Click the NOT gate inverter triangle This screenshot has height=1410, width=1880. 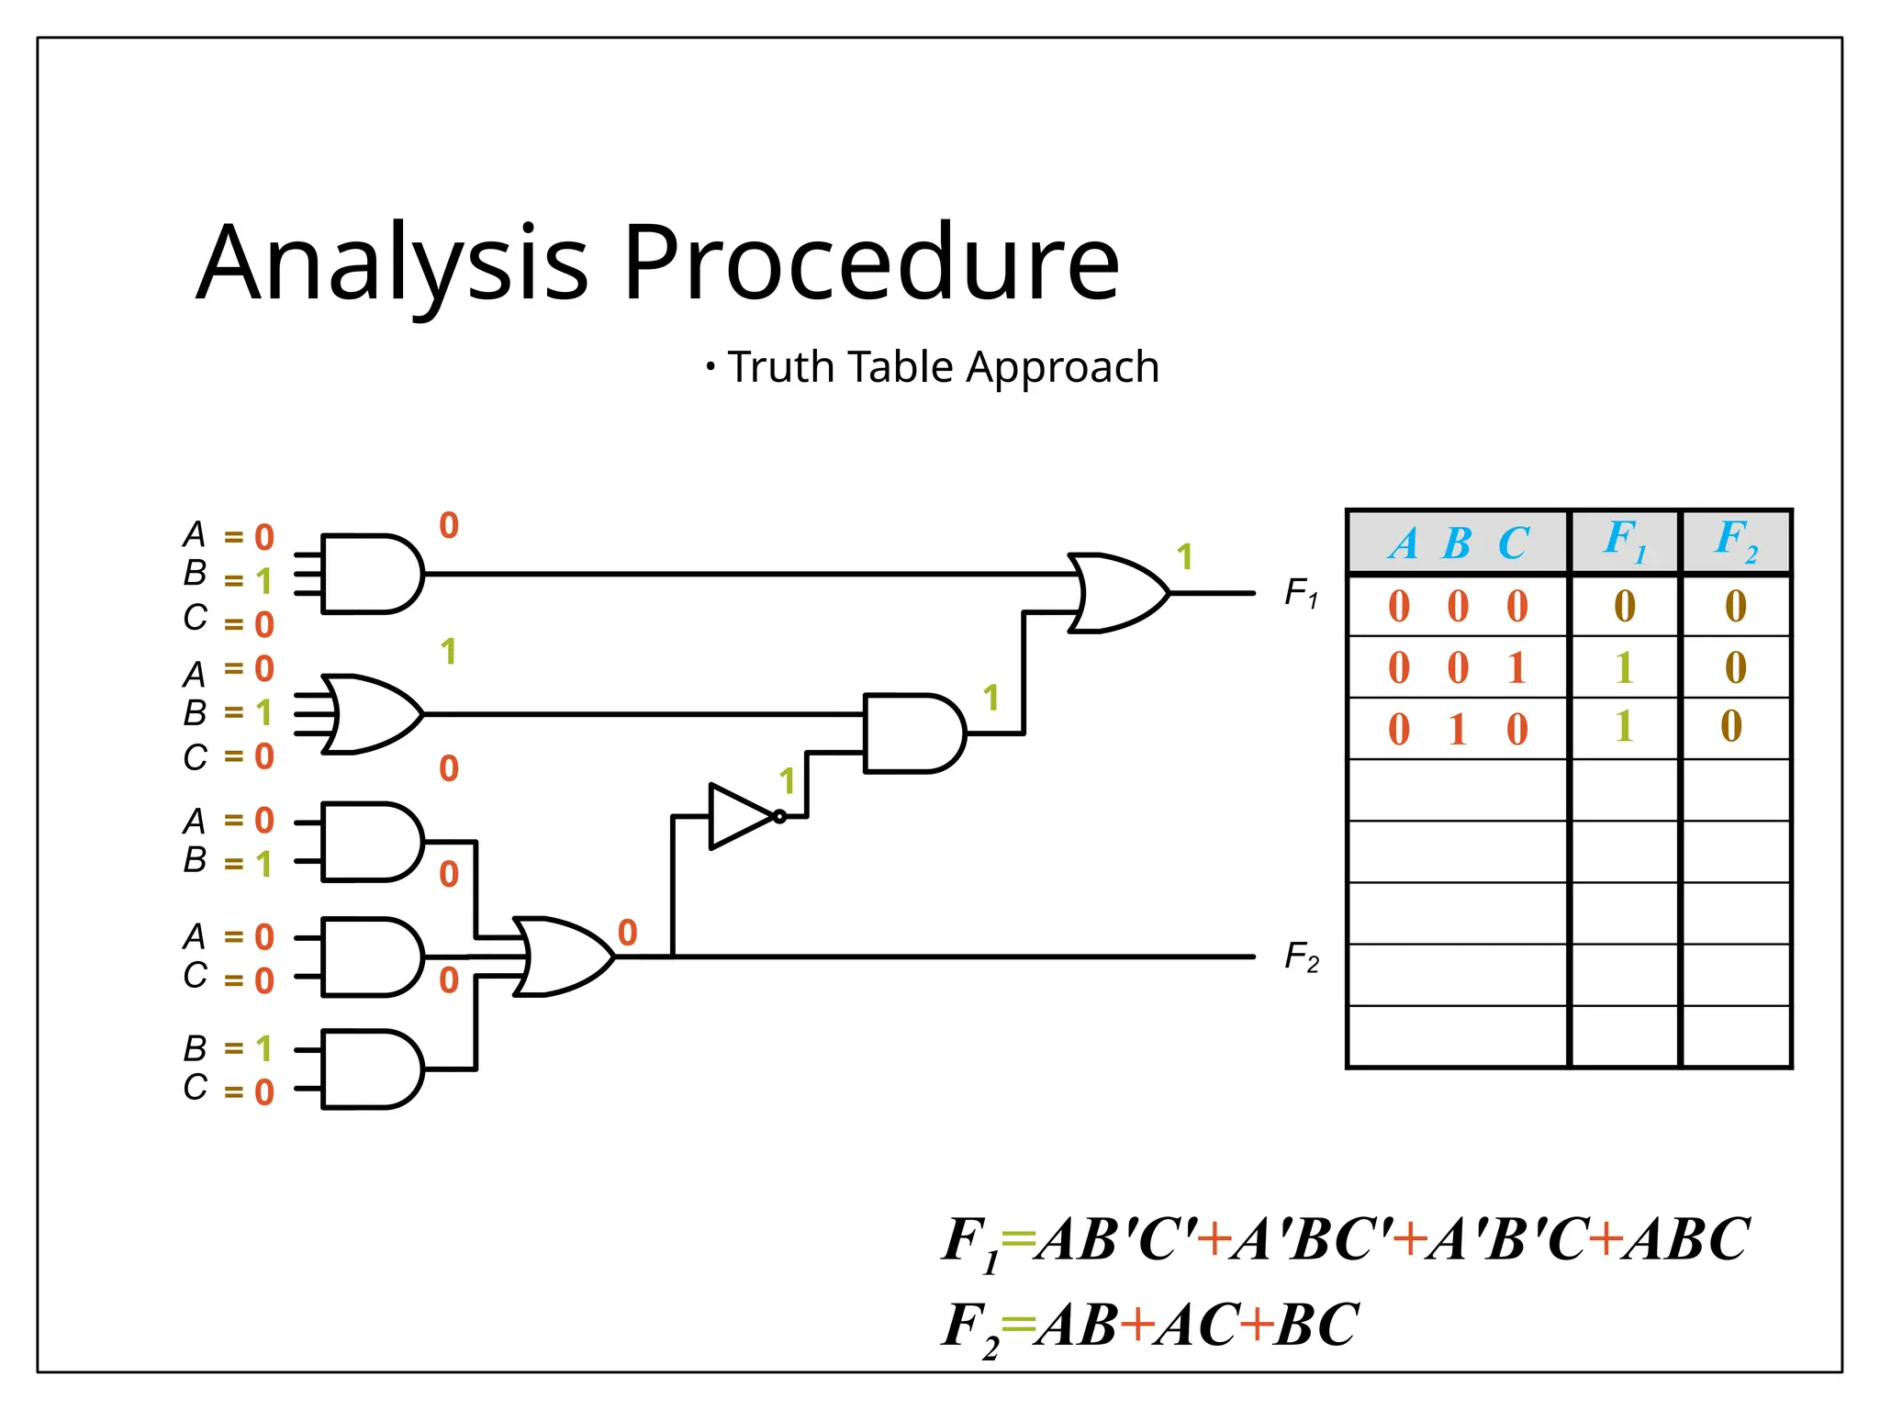[x=740, y=816]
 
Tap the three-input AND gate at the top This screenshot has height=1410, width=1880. [x=370, y=574]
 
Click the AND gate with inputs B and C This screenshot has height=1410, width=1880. [x=370, y=1069]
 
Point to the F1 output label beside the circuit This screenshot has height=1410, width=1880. [x=1301, y=593]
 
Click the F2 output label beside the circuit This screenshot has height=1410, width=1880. [x=1301, y=957]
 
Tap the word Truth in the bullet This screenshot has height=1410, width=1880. [x=781, y=367]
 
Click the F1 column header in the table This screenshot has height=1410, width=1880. [x=1624, y=541]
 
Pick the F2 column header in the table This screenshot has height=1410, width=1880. [x=1735, y=541]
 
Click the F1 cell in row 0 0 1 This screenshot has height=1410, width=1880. [x=1624, y=667]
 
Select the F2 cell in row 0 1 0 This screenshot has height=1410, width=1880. [x=1731, y=727]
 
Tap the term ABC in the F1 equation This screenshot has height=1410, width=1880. [x=1685, y=1239]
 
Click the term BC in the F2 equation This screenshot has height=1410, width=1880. [x=1316, y=1325]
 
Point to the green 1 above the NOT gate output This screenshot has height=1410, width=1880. [x=787, y=782]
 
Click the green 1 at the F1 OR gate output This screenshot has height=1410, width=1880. [x=1185, y=556]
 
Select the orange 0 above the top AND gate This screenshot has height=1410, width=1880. [x=448, y=526]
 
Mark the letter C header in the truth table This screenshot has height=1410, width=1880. [x=1514, y=543]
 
